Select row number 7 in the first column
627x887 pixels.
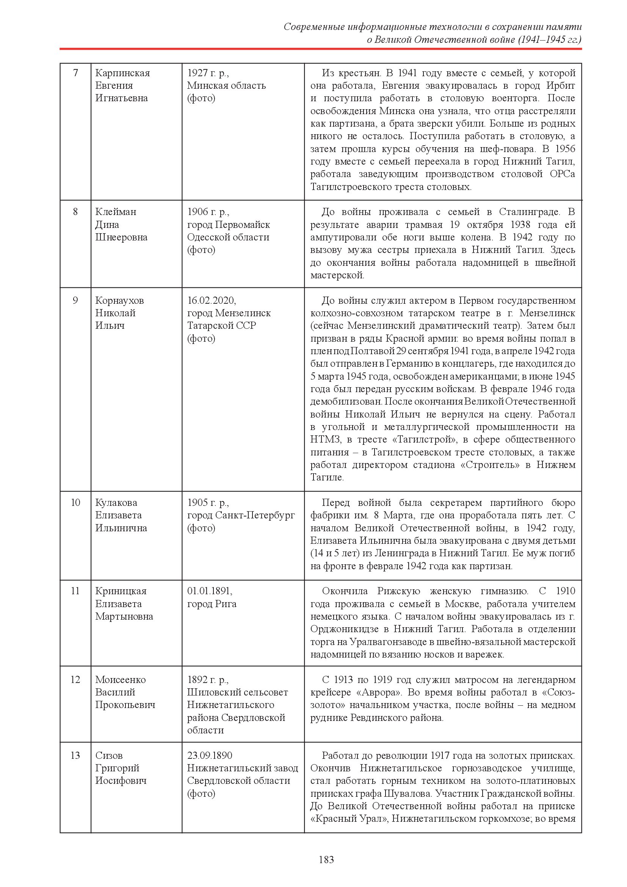pyautogui.click(x=75, y=73)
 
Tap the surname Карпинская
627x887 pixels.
pyautogui.click(x=122, y=73)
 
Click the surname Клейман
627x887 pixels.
pyautogui.click(x=116, y=212)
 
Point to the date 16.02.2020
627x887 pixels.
pyautogui.click(x=211, y=300)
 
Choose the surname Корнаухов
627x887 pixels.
pyautogui.click(x=119, y=300)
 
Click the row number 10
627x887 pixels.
pyautogui.click(x=75, y=502)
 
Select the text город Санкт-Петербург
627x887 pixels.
pyautogui.click(x=241, y=515)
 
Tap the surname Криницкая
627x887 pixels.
pyautogui.click(x=121, y=591)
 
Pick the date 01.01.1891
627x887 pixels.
pyautogui.click(x=210, y=591)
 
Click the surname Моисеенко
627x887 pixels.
pyautogui.click(x=121, y=680)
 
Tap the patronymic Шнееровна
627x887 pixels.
pyautogui.click(x=121, y=237)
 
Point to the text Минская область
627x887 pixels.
pyautogui.click(x=227, y=85)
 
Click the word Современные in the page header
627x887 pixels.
pyautogui.click(x=314, y=27)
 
